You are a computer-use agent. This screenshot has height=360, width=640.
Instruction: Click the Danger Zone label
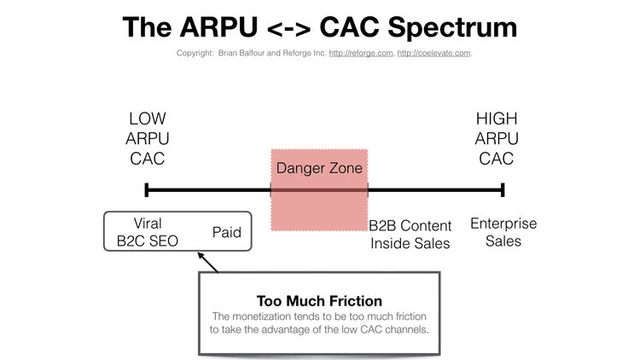[319, 168]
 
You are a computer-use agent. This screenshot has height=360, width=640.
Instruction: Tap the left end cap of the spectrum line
[147, 189]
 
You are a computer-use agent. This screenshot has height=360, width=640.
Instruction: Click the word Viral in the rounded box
[147, 224]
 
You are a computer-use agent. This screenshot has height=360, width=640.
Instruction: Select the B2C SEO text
[147, 241]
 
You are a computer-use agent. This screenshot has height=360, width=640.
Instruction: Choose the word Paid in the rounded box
[226, 232]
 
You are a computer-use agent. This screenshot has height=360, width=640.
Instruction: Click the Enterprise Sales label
[503, 232]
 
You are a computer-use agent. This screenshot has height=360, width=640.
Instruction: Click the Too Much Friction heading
[318, 301]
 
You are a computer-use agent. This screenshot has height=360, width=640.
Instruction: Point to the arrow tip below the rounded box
[199, 254]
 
